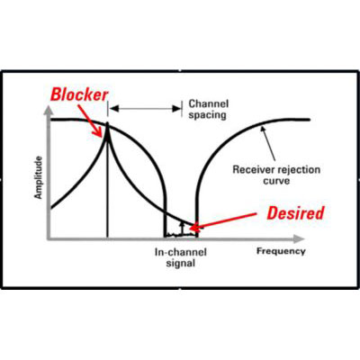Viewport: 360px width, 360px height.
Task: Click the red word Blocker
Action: [79, 94]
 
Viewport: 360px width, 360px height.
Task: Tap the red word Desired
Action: [295, 213]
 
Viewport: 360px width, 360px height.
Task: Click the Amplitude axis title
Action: [38, 177]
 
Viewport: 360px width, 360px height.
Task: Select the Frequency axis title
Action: [281, 251]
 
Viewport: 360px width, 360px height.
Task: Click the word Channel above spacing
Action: [209, 104]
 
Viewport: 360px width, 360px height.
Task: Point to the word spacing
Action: [207, 115]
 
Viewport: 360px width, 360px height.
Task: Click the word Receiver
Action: [254, 170]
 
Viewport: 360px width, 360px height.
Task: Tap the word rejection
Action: [298, 170]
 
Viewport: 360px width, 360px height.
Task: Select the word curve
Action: [276, 181]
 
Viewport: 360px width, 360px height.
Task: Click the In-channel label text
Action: [181, 252]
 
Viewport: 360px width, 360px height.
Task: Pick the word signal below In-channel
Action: [181, 264]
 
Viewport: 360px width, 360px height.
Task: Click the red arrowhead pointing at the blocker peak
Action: [101, 132]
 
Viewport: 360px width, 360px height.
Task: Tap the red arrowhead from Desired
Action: [195, 228]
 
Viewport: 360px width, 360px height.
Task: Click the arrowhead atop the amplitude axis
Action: [48, 111]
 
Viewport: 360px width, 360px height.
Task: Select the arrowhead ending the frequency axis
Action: [299, 238]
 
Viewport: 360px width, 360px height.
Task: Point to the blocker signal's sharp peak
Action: [107, 123]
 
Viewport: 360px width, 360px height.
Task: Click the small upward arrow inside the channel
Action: [181, 228]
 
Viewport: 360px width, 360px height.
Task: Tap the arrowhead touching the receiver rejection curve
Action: [263, 129]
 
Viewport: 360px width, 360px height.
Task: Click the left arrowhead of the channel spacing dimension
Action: [113, 109]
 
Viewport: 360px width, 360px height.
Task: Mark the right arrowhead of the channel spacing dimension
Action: [176, 109]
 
